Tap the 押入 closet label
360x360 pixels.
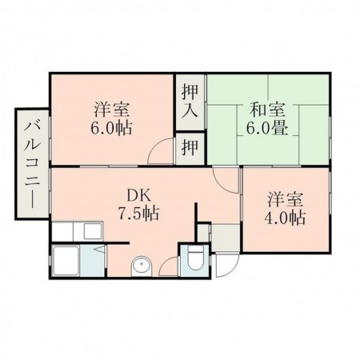coord(190,98)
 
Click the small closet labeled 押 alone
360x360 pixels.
coord(190,146)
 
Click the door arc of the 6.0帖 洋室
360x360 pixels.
coord(163,154)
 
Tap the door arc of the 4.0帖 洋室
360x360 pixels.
coord(230,180)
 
